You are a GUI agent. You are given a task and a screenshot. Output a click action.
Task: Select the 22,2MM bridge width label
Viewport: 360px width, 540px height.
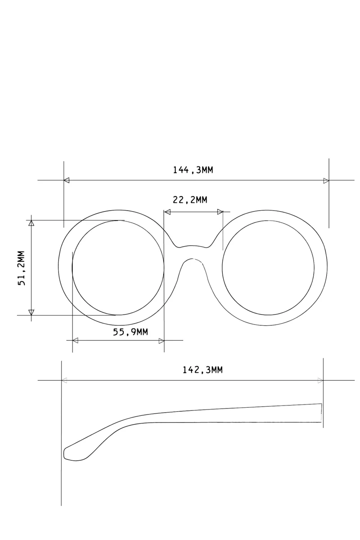[x=190, y=200]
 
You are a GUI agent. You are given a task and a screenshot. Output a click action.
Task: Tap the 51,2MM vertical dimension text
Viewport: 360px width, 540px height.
[x=23, y=268]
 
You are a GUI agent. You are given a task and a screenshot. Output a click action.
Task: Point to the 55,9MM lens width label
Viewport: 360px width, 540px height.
[x=130, y=332]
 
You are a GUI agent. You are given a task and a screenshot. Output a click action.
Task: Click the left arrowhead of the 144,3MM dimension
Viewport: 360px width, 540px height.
[x=67, y=180]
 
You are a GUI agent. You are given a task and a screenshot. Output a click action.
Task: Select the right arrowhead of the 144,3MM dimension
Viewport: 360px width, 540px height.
[x=326, y=180]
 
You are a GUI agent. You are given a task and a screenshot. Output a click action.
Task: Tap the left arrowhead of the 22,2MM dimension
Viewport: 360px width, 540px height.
[x=167, y=211]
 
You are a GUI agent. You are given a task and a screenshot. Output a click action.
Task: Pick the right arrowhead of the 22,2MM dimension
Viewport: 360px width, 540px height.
[x=220, y=211]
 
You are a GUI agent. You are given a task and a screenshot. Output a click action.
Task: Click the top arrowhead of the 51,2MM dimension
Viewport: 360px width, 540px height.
[x=31, y=223]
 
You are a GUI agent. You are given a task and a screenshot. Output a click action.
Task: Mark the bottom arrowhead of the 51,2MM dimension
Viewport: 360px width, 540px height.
[x=31, y=312]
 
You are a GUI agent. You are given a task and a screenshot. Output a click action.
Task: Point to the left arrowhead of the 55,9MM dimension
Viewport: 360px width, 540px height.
[x=75, y=340]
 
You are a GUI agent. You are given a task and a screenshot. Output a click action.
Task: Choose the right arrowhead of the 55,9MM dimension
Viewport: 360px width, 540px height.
[x=162, y=340]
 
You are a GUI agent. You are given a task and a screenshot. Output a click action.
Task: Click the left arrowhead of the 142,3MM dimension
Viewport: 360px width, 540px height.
[x=64, y=380]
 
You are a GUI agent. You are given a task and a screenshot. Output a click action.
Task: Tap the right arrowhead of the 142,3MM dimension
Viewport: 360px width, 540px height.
[x=320, y=380]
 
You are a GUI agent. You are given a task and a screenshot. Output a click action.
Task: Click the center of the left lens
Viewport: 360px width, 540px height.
[x=117, y=268]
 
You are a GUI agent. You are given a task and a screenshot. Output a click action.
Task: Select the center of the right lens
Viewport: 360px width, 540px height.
[x=268, y=268]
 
